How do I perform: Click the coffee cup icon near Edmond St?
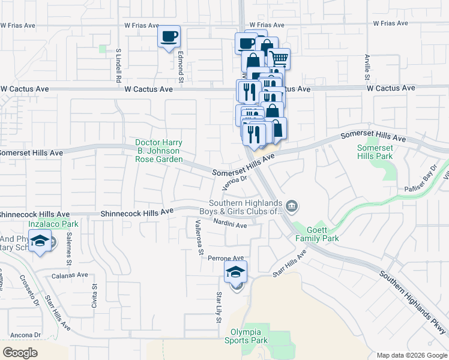(x=169, y=37)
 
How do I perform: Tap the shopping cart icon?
(x=279, y=59)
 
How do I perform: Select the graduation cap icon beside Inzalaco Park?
(x=40, y=242)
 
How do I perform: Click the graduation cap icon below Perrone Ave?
(x=236, y=272)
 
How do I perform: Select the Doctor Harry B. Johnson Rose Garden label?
(x=158, y=151)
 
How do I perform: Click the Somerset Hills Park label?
(x=375, y=152)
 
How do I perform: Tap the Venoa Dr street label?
(x=235, y=182)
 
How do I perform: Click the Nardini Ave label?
(x=231, y=224)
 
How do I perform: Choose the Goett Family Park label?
(x=317, y=234)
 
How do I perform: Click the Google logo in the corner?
(x=20, y=352)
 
